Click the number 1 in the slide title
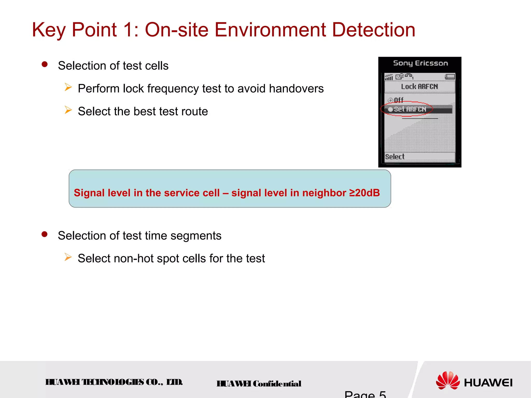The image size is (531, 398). pyautogui.click(x=128, y=30)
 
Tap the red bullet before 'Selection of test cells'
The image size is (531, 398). pyautogui.click(x=45, y=64)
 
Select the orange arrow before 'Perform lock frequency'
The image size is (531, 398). pyautogui.click(x=68, y=87)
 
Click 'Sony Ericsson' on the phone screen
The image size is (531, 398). pyautogui.click(x=420, y=63)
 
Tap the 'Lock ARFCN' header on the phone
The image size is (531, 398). pyautogui.click(x=419, y=87)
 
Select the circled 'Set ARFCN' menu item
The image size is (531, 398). pyautogui.click(x=410, y=109)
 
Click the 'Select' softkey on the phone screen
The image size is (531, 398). pyautogui.click(x=395, y=157)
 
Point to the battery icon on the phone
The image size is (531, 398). pyautogui.click(x=450, y=77)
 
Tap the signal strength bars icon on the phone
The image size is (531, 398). pyautogui.click(x=389, y=77)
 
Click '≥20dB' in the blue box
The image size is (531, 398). pyautogui.click(x=364, y=193)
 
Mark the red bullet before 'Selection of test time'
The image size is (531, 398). pyautogui.click(x=45, y=234)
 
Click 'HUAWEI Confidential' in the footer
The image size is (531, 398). pyautogui.click(x=259, y=384)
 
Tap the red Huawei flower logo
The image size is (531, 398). pyautogui.click(x=448, y=380)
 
